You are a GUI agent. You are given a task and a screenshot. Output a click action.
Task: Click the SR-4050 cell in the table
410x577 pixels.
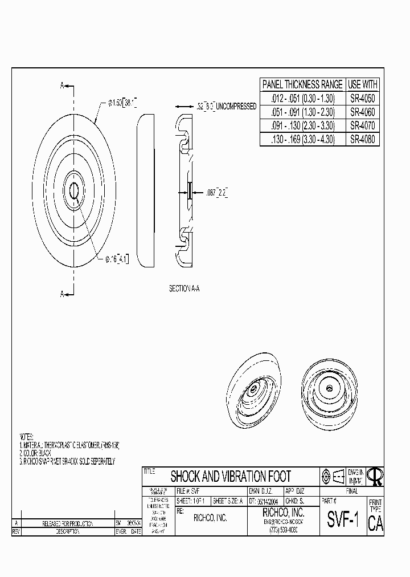pos(362,98)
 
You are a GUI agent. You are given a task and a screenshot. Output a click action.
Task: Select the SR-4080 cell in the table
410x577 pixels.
pos(362,139)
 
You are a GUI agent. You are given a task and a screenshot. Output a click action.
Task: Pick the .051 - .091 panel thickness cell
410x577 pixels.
pos(303,112)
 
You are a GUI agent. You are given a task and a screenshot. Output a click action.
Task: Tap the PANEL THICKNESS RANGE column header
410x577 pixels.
pos(303,84)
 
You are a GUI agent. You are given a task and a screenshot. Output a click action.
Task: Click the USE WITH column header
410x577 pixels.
pos(362,84)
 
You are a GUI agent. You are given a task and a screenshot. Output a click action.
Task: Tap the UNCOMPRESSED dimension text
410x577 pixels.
pos(235,107)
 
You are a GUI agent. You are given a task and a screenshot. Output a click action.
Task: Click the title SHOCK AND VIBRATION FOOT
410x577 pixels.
pos(231,477)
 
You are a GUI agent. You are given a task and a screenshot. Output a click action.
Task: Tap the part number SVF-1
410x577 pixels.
pos(343,521)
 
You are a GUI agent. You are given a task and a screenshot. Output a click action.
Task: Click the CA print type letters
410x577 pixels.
pos(376,524)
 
